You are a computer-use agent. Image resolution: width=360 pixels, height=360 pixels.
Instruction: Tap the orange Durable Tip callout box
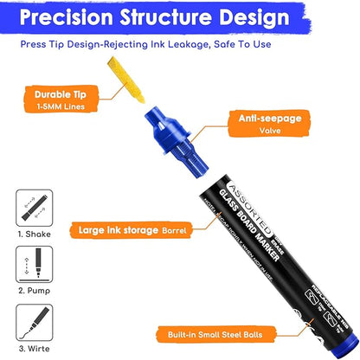pos(56,99)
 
